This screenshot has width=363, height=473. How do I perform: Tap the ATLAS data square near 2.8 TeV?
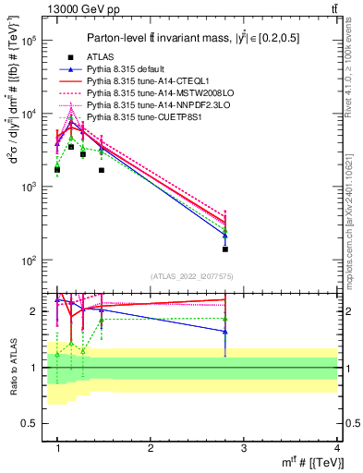(x=225, y=249)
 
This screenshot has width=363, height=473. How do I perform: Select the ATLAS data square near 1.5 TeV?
(x=102, y=170)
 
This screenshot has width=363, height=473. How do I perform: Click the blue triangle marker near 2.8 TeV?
(x=225, y=236)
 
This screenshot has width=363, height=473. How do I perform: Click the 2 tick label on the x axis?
(x=151, y=449)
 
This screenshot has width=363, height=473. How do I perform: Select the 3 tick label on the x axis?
(x=244, y=449)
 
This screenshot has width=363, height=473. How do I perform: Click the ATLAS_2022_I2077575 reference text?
(x=193, y=275)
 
